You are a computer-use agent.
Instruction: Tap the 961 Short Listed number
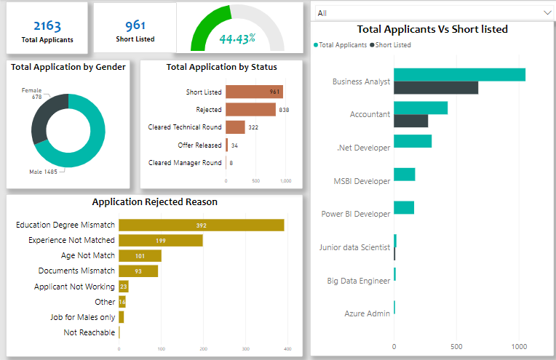click(135, 25)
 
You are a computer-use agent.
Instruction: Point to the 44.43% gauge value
click(237, 39)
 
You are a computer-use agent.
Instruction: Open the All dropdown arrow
click(547, 13)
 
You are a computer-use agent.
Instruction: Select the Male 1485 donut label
click(44, 172)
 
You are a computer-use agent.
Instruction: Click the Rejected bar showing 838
click(250, 110)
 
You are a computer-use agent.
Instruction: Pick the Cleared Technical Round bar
click(235, 127)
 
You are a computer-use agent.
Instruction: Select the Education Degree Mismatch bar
click(201, 225)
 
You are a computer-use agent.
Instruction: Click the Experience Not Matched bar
click(160, 240)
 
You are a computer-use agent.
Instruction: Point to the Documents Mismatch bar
click(138, 271)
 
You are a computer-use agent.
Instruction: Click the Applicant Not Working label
click(74, 287)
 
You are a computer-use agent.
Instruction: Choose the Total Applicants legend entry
click(341, 45)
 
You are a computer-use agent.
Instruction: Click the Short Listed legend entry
click(391, 45)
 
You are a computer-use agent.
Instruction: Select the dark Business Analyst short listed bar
click(435, 88)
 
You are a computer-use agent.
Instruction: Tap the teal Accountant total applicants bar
click(420, 108)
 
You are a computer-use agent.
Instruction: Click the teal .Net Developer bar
click(412, 141)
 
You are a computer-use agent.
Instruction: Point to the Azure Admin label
click(367, 313)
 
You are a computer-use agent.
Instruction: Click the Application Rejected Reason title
click(154, 202)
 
